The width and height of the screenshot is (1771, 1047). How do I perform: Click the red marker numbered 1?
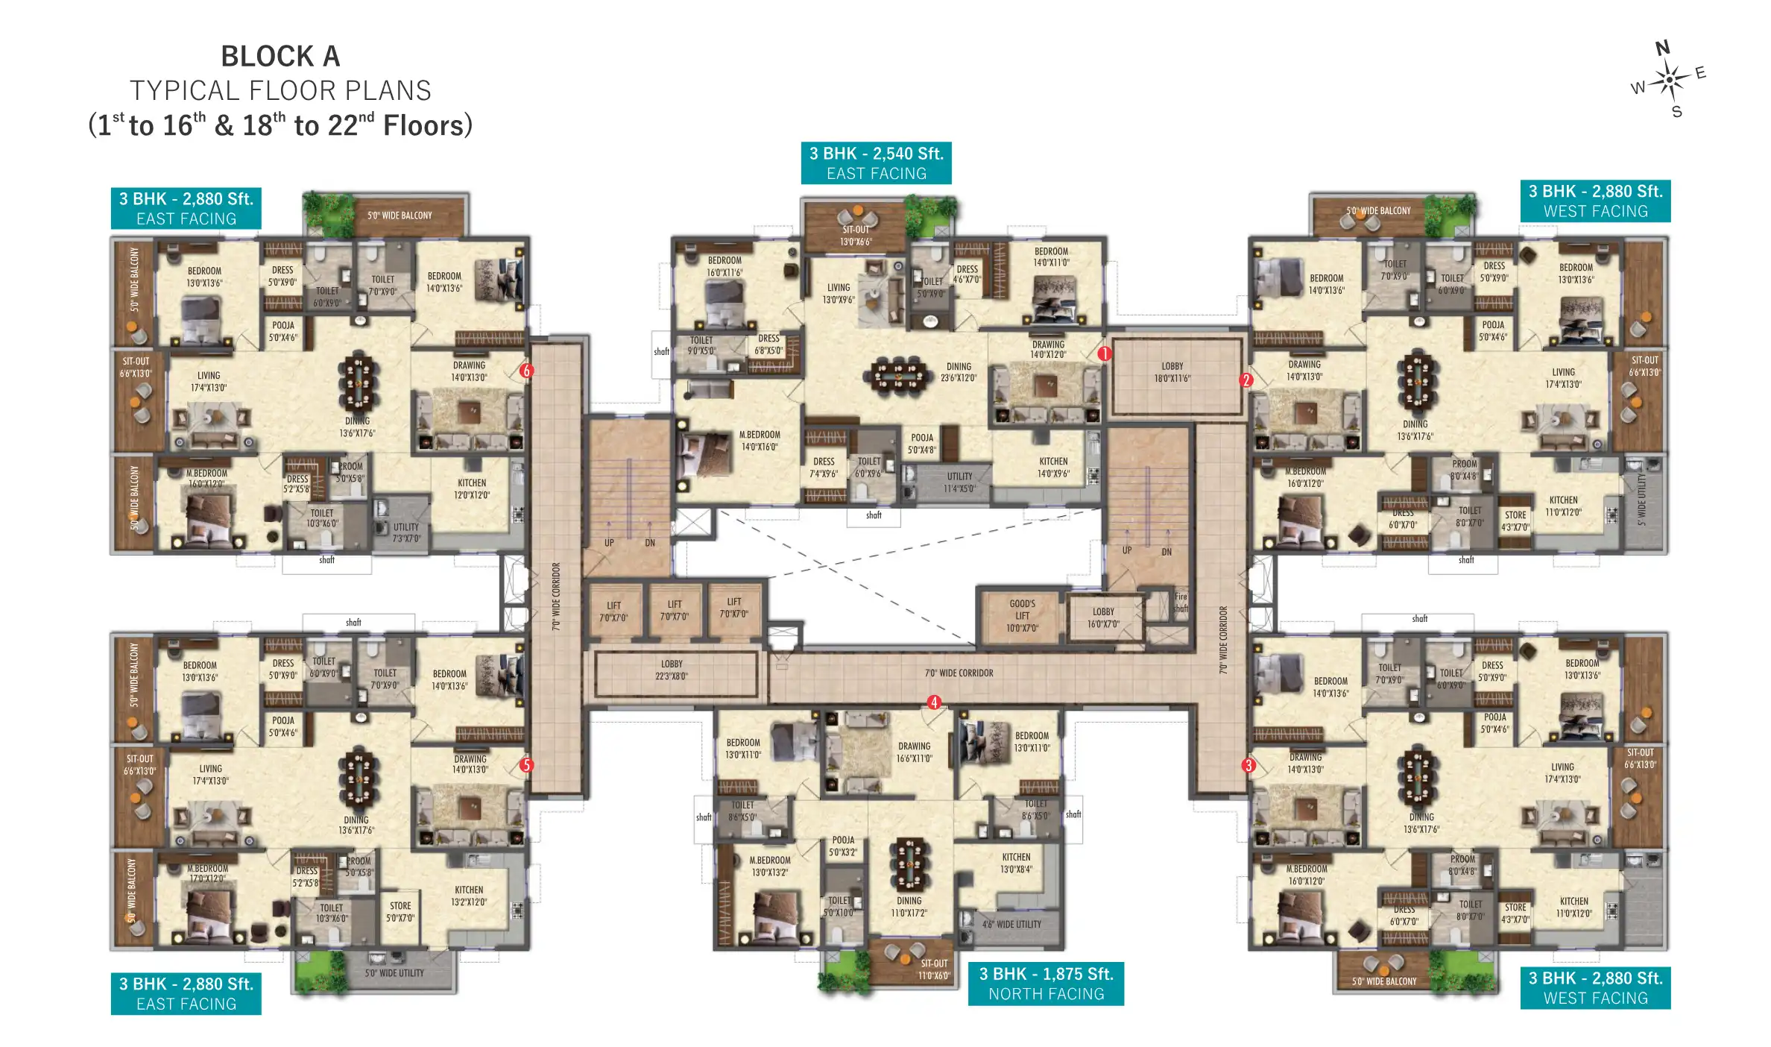pos(1104,353)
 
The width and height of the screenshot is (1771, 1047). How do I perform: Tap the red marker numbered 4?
pos(933,702)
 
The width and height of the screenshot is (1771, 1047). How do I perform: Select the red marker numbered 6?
pos(526,371)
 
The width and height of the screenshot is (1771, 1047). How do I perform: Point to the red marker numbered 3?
pos(1248,765)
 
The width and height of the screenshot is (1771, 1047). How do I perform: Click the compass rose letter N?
pos(1662,49)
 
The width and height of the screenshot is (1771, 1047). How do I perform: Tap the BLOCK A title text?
pos(280,57)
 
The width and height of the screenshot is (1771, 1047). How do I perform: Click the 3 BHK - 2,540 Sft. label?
pos(876,154)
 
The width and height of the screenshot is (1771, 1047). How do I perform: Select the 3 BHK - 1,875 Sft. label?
pos(1045,974)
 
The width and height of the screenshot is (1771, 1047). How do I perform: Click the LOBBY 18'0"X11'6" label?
pos(1172,372)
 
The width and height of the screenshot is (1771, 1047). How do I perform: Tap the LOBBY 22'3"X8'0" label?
pos(672,670)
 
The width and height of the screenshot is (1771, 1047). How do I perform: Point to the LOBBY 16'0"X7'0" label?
pos(1103,617)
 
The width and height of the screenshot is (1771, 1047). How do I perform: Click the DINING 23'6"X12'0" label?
pos(959,372)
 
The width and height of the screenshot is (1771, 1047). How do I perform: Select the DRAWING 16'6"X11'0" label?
pos(914,752)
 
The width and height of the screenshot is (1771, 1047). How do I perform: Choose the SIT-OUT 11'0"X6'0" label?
pos(934,969)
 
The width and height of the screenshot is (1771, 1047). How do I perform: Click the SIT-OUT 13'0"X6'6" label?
pos(856,236)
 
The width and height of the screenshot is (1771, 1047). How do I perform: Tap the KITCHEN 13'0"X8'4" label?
pos(1016,863)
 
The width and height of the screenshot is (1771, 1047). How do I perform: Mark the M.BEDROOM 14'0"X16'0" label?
pos(760,441)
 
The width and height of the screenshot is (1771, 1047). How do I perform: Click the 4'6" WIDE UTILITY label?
pos(1011,924)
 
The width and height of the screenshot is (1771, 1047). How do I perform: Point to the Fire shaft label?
pos(1181,603)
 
